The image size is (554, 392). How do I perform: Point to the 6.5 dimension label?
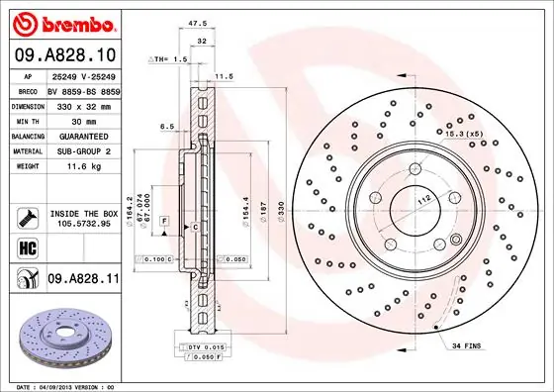click(167, 127)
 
